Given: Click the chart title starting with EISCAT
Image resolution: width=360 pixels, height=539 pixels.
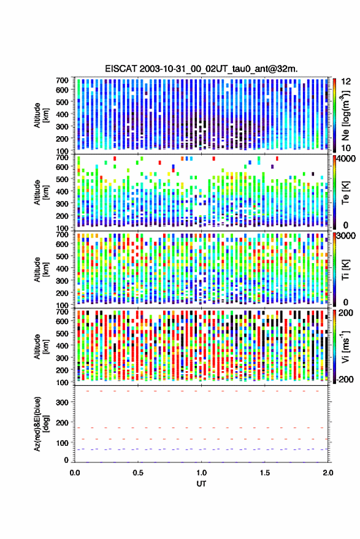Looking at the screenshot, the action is pos(202,69).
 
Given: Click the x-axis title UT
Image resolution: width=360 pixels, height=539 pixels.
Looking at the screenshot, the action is pos(202,484).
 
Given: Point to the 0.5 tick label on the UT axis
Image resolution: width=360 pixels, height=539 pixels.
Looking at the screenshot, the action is pos(138,473).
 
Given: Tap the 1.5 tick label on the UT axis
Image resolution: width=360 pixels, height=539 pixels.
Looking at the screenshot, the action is pos(265,473).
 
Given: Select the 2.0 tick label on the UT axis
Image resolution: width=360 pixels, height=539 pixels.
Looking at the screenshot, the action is pos(328,473).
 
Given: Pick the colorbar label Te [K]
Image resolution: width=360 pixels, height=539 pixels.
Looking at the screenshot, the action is pos(345,193).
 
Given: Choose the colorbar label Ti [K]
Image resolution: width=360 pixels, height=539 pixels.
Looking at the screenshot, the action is pos(345,270).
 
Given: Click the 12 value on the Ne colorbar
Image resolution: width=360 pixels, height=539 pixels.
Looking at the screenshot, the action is pos(347,82).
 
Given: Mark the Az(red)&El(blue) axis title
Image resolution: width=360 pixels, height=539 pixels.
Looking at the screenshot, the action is pos(41,424).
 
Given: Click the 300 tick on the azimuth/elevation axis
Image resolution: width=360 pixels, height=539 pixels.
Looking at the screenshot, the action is pos(62,402).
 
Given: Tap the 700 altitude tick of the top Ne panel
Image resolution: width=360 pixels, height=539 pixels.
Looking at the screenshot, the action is pos(62,80).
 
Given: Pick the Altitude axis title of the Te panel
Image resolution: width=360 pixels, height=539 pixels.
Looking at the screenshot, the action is pos(40,193).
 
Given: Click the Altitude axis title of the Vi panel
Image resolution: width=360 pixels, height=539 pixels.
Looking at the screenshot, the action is pos(40,346).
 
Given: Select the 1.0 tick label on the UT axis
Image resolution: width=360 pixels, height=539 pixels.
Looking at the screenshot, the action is pos(202,473).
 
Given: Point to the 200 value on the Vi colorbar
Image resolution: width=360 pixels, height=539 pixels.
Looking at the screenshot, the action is pos(346,313).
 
